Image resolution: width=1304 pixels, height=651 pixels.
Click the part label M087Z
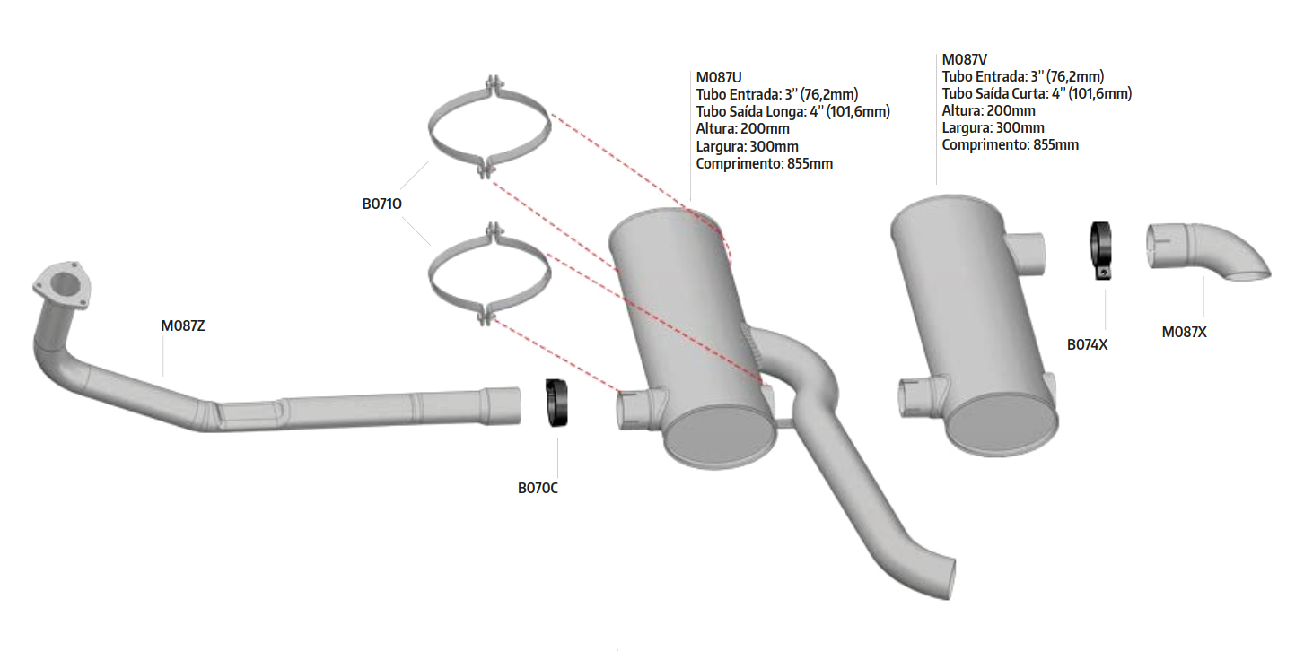pyautogui.click(x=183, y=325)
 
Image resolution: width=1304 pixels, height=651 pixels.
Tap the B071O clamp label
pyautogui.click(x=382, y=204)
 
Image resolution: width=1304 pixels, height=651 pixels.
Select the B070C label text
pyautogui.click(x=538, y=488)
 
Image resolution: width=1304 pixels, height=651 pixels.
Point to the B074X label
pyautogui.click(x=1087, y=345)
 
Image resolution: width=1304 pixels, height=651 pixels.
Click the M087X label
pyautogui.click(x=1184, y=332)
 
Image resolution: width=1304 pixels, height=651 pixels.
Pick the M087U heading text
pyautogui.click(x=719, y=77)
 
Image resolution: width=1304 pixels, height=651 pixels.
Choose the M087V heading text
pyautogui.click(x=965, y=59)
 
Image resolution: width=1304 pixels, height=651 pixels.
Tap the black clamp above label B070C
pyautogui.click(x=556, y=403)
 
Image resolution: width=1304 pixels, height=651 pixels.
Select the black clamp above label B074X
pyautogui.click(x=1101, y=250)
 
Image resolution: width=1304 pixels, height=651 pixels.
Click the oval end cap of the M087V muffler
pyautogui.click(x=1001, y=425)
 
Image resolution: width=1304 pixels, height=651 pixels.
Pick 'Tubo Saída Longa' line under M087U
pyautogui.click(x=792, y=112)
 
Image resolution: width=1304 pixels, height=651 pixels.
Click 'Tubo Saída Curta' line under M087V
pyautogui.click(x=1037, y=93)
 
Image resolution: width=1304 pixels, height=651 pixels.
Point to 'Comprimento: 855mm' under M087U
pyautogui.click(x=765, y=164)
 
